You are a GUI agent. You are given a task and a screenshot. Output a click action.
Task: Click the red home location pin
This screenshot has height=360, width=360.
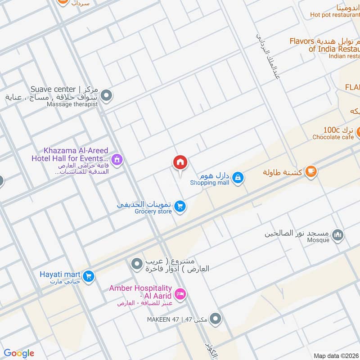[x=180, y=162]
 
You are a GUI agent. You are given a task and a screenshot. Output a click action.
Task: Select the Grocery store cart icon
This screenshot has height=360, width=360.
[x=180, y=206]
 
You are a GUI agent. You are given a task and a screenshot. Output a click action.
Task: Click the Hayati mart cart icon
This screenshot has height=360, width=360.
[x=89, y=275]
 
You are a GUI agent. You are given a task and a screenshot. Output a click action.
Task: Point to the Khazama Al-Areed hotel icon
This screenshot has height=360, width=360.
[x=117, y=159]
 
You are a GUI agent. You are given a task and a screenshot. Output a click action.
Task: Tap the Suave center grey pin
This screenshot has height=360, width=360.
[x=107, y=95]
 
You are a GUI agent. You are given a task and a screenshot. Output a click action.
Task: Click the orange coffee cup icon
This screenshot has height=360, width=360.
[x=310, y=171]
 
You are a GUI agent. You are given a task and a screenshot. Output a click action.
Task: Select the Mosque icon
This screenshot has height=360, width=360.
[x=337, y=234]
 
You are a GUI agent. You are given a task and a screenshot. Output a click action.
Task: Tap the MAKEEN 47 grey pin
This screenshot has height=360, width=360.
[x=216, y=319]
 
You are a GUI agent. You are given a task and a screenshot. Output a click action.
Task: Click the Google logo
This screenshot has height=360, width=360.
[x=19, y=353]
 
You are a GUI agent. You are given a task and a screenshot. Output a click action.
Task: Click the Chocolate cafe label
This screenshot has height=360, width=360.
[x=333, y=137]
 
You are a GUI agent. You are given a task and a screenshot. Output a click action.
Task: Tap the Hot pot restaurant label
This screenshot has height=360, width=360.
[x=334, y=14]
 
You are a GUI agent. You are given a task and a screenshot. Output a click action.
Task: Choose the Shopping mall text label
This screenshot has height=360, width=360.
[x=209, y=183]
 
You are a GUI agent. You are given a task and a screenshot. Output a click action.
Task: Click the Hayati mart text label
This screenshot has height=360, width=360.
[x=60, y=274]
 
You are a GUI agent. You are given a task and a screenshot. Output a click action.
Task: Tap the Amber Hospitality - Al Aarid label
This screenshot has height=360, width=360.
[x=140, y=292]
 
